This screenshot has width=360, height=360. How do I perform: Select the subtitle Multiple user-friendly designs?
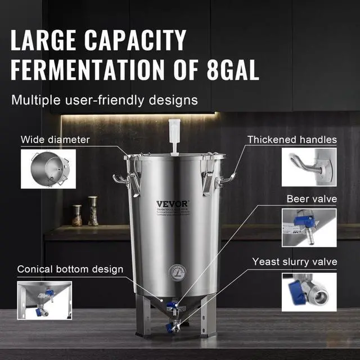click(105, 100)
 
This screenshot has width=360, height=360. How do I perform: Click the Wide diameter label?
click(55, 139)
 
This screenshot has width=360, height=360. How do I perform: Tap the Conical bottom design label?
click(70, 269)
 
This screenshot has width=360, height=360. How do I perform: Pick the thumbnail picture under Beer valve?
click(309, 227)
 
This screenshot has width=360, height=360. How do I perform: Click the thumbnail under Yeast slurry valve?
click(309, 292)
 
